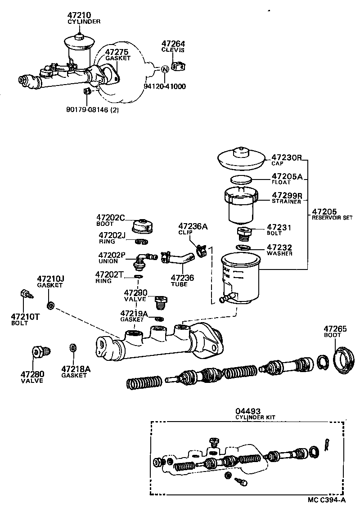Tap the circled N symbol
(164, 69)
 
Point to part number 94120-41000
(165, 86)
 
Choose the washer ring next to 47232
(243, 248)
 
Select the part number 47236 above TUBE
(183, 278)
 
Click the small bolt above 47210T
(27, 296)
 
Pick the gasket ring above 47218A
(72, 348)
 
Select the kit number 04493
(246, 411)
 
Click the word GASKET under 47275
(117, 58)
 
